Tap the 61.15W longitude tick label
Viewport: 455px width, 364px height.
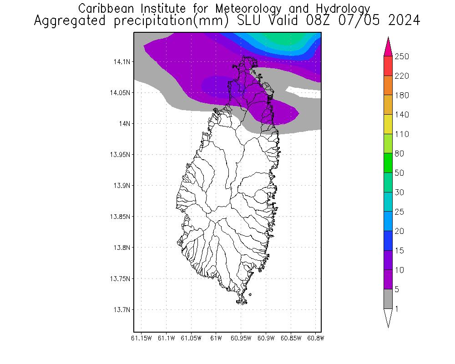(x=141, y=338)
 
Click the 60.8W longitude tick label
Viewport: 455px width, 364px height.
(x=316, y=338)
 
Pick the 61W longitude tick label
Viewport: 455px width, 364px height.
(x=216, y=338)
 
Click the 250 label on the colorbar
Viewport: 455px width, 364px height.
(x=402, y=56)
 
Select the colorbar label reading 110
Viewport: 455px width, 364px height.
(x=402, y=134)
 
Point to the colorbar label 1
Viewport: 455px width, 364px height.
(x=398, y=309)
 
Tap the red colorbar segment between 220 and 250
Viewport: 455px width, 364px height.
(x=388, y=66)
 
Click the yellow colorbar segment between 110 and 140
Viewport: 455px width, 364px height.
(x=388, y=124)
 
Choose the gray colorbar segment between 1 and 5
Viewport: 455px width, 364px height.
(x=388, y=299)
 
